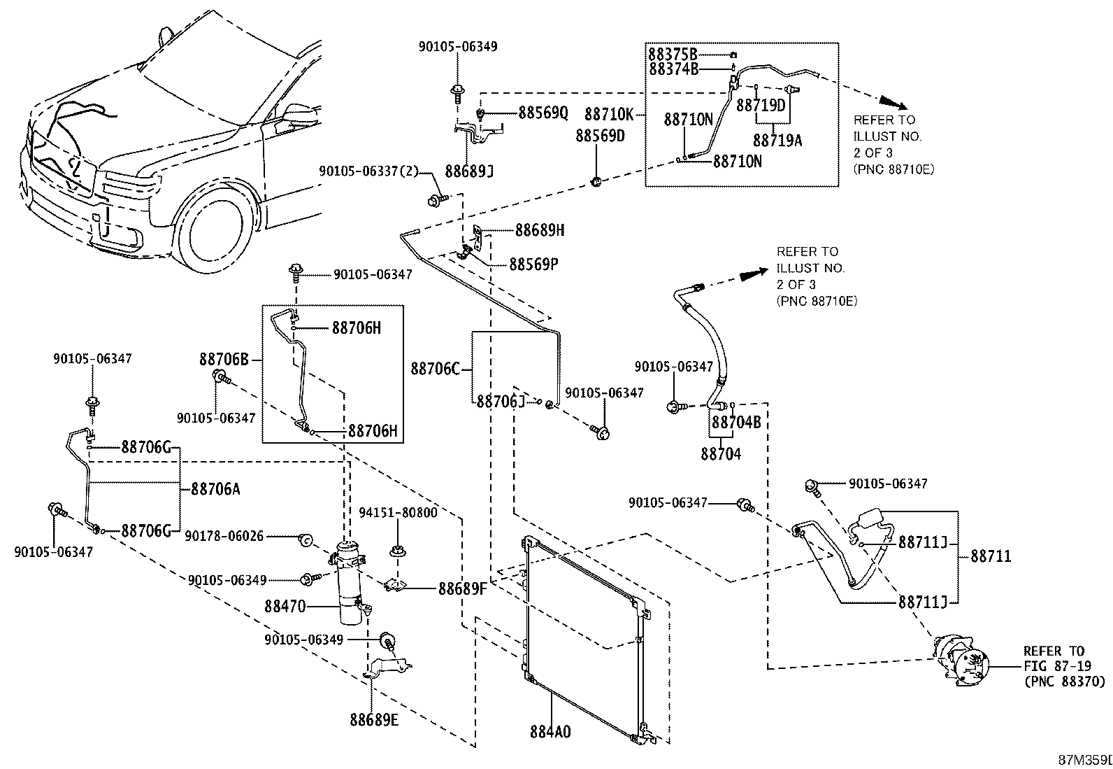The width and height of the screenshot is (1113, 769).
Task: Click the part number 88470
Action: [x=285, y=607]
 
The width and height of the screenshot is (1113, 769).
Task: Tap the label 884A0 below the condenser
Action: [x=550, y=732]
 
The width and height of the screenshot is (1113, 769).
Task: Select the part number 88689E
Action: [x=374, y=719]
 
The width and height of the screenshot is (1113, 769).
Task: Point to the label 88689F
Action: [x=463, y=589]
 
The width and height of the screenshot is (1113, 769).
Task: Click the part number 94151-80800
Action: [x=398, y=512]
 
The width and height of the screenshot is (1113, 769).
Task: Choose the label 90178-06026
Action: [x=224, y=536]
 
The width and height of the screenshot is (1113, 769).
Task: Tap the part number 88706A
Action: [x=215, y=489]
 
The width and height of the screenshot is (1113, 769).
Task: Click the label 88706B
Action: [x=224, y=359]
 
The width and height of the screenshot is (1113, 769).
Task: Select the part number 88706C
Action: [x=436, y=369]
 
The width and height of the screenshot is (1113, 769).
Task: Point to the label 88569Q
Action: [x=543, y=113]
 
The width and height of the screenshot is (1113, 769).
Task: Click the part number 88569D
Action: [x=601, y=136]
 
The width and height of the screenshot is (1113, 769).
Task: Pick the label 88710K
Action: [x=609, y=114]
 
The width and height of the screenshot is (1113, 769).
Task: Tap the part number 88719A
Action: [x=777, y=141]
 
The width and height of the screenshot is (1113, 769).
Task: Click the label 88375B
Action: [x=673, y=54]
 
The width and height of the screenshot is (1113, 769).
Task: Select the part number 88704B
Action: [x=736, y=423]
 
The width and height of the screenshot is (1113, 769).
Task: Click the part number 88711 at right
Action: [x=991, y=556]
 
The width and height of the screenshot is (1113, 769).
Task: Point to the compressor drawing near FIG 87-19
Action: [x=961, y=661]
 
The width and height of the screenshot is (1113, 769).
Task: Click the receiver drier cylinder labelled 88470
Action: [x=350, y=582]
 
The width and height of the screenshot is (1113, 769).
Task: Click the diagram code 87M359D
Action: [x=1085, y=760]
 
